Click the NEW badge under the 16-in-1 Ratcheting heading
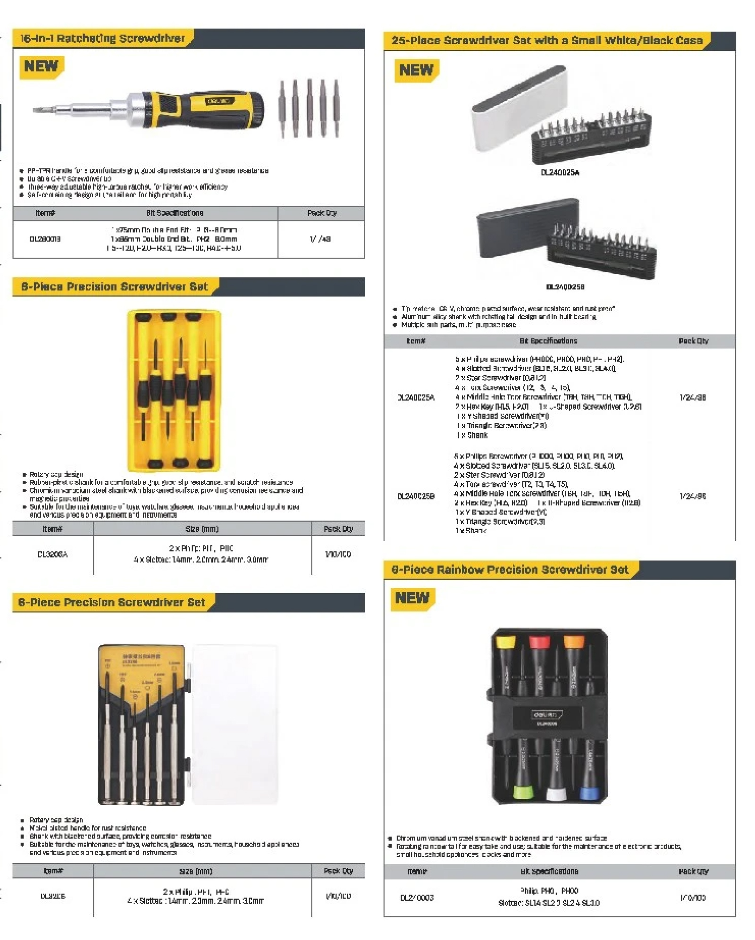click(x=41, y=67)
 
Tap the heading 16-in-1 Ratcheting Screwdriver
click(x=102, y=38)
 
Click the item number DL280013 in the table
click(x=45, y=239)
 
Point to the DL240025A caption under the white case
click(x=560, y=173)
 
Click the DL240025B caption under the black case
click(x=565, y=286)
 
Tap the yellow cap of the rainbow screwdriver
click(x=505, y=643)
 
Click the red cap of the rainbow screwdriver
click(x=539, y=643)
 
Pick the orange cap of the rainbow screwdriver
click(x=574, y=643)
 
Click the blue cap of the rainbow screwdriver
click(x=589, y=793)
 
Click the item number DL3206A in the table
click(x=52, y=554)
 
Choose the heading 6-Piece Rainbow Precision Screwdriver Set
click(x=509, y=570)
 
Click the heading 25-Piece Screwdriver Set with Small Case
click(x=546, y=41)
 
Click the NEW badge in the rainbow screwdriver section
click(x=412, y=598)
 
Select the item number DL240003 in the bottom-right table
click(x=417, y=898)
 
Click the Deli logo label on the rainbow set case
click(x=547, y=715)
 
